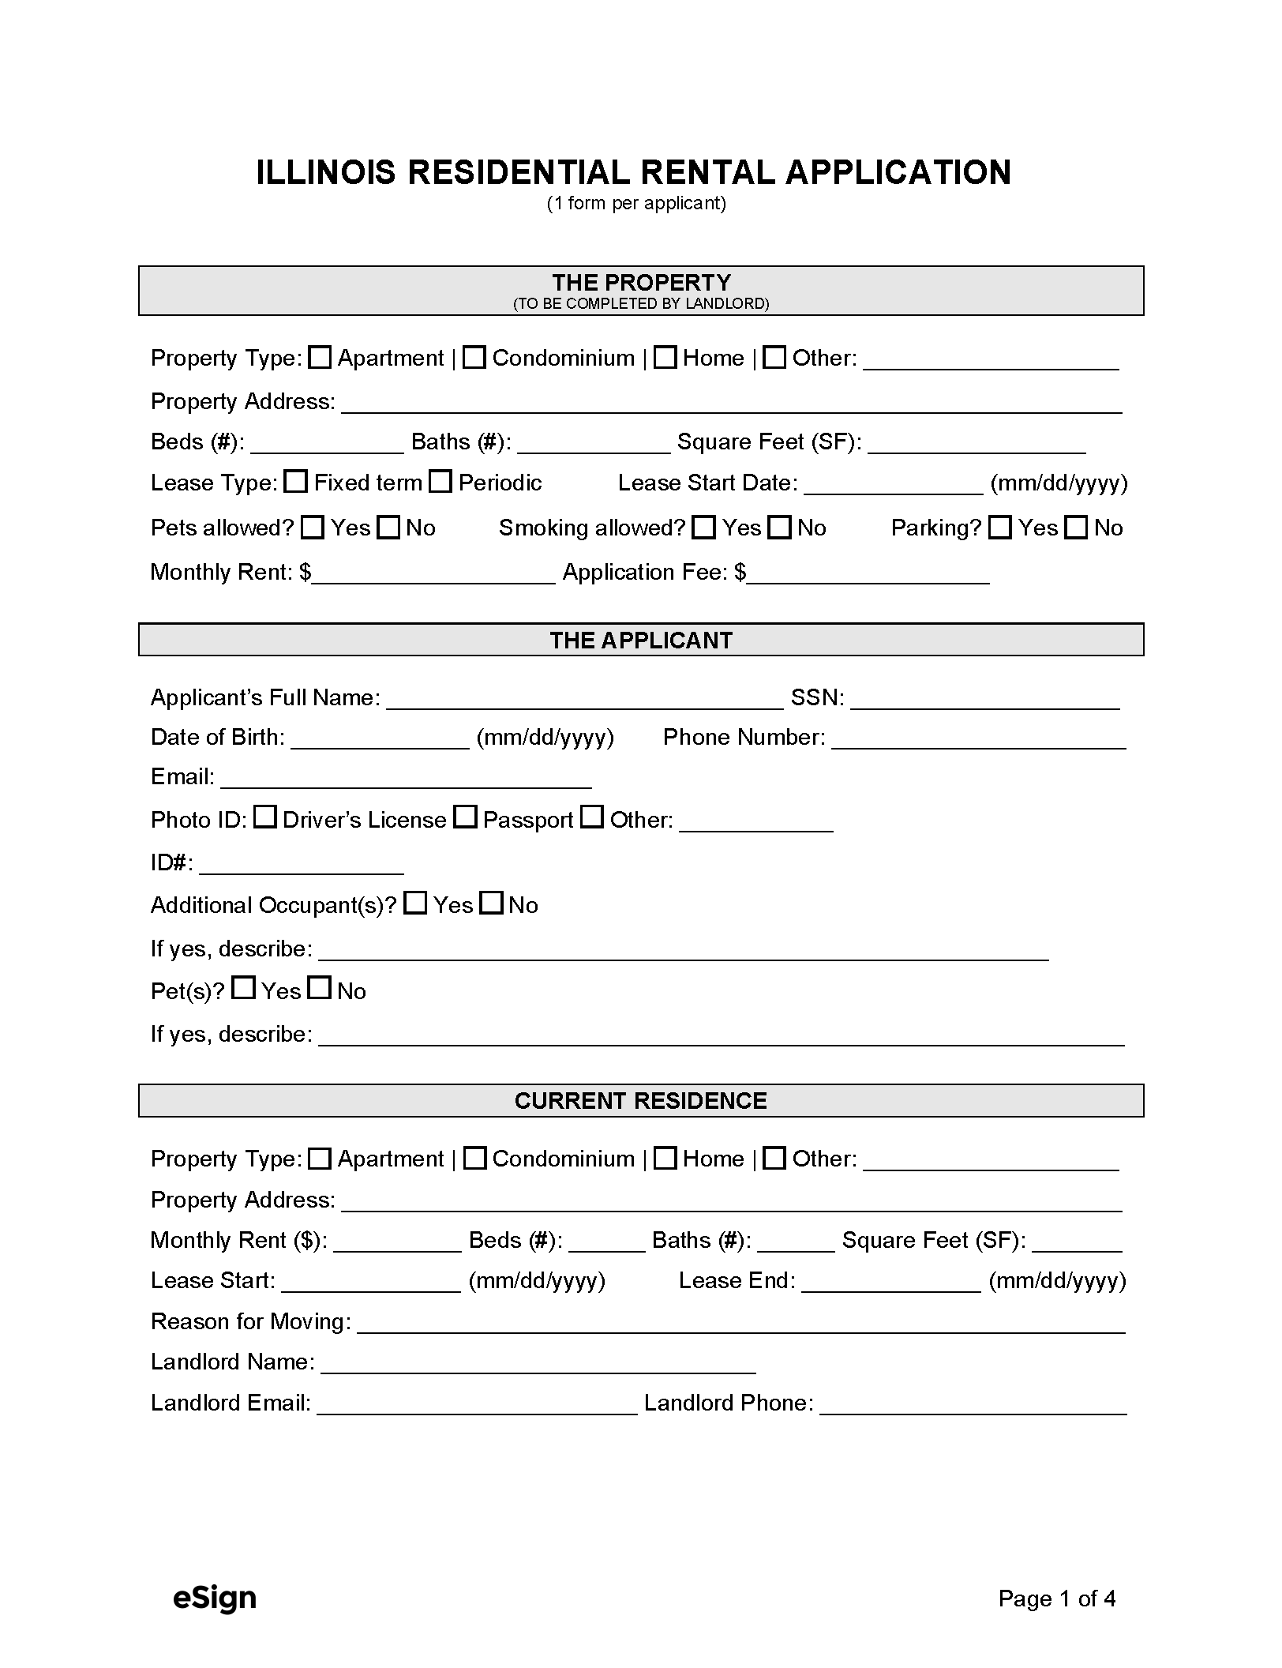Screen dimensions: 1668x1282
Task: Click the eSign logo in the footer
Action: coord(215,1598)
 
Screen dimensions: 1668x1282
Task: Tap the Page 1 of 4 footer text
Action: coord(1056,1598)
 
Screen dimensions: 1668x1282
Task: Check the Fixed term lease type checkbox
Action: coord(296,482)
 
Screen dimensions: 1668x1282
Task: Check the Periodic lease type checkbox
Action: coord(440,482)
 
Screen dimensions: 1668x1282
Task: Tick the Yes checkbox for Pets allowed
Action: coord(313,528)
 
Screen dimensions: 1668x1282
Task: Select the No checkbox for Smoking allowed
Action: coord(780,528)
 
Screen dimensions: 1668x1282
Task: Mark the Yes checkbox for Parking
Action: coord(1000,528)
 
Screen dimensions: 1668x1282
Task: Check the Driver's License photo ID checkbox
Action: coord(265,817)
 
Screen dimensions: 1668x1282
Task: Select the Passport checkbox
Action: coord(466,817)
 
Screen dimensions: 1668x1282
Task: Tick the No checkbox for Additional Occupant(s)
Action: coord(492,903)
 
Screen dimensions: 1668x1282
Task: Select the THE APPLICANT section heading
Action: coord(641,640)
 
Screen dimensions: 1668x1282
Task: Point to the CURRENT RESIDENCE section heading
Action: coord(641,1101)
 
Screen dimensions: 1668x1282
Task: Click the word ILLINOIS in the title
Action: coord(326,173)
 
